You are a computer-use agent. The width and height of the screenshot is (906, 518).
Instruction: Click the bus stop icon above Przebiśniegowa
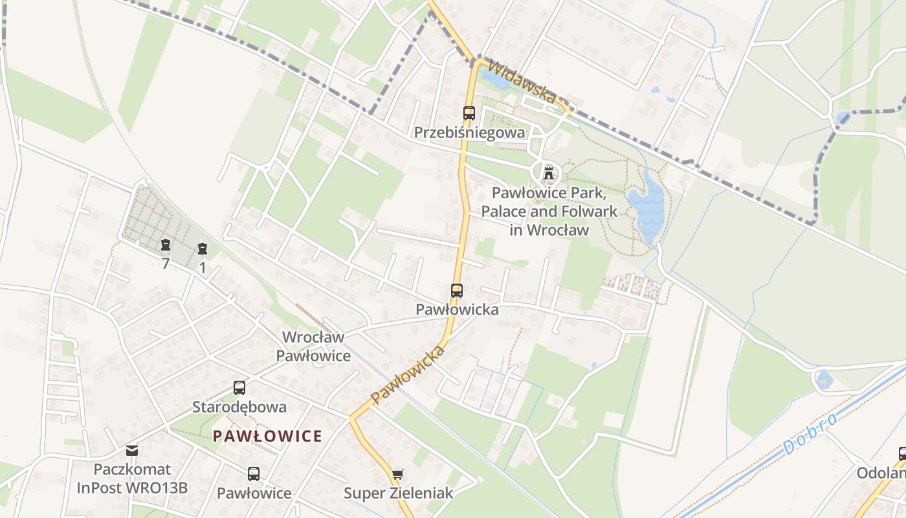(x=469, y=113)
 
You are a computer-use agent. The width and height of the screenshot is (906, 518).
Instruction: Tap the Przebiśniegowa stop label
(x=469, y=133)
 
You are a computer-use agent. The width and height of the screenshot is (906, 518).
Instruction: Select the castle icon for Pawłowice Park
(x=549, y=173)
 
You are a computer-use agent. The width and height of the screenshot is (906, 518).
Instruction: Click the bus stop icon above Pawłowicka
(x=457, y=291)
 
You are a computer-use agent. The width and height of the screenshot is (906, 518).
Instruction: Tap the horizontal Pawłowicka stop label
(x=457, y=310)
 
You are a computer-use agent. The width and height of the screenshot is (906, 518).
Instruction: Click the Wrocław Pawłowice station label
(x=314, y=346)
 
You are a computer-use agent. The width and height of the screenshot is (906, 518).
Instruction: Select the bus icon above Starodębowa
(x=239, y=388)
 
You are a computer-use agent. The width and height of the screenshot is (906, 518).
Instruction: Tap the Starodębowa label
(x=239, y=407)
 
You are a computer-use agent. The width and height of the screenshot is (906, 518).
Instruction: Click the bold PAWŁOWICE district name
(x=268, y=436)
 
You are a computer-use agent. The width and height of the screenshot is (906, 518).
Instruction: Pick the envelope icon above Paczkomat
(x=132, y=450)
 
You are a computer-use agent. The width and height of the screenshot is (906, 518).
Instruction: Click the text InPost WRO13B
(x=132, y=488)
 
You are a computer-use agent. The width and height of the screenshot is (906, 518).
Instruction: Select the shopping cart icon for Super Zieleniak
(x=397, y=475)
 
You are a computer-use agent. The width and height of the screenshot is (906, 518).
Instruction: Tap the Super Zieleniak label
(x=398, y=493)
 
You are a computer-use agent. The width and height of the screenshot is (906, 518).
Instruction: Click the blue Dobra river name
(x=810, y=433)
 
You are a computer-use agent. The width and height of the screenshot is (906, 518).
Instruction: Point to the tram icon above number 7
(x=166, y=245)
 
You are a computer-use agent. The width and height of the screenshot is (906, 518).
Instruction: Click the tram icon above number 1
(x=203, y=248)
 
